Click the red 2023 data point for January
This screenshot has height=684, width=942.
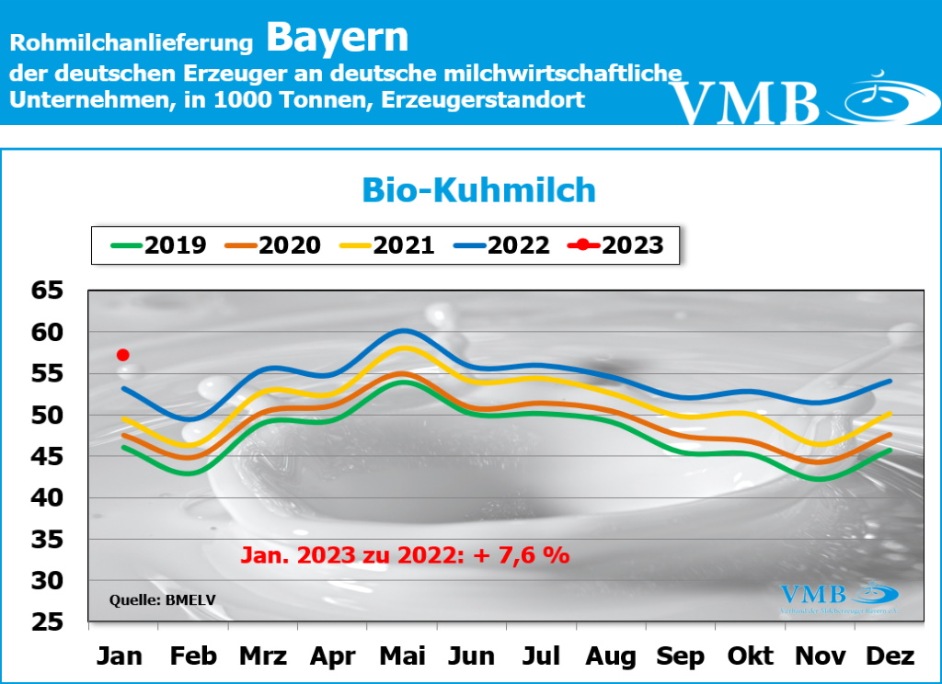(x=122, y=355)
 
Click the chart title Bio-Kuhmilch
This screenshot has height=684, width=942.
(x=477, y=189)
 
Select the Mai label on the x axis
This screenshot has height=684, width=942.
(x=402, y=656)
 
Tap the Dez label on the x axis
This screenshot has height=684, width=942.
(x=890, y=656)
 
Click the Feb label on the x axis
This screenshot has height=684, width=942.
(x=193, y=656)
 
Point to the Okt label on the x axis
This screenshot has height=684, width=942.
(x=751, y=656)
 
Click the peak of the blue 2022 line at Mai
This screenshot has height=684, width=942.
(x=403, y=330)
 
